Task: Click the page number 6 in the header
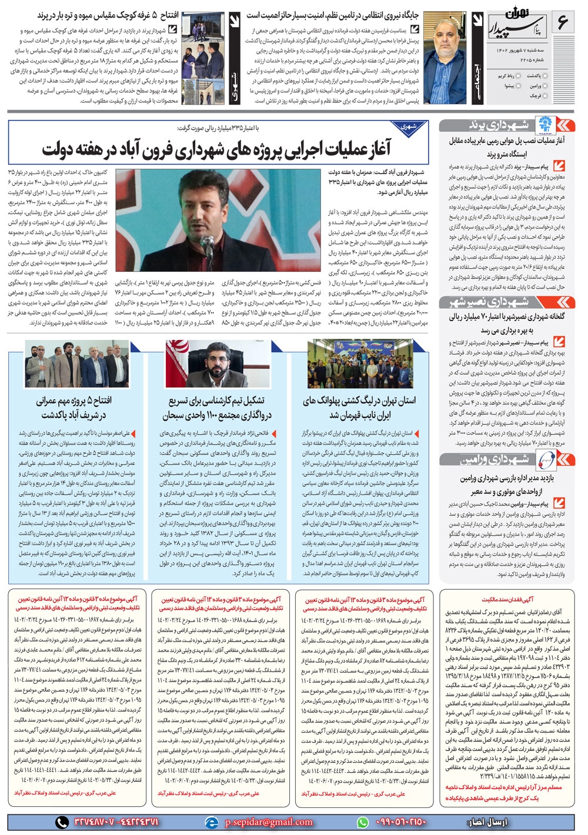click(x=563, y=23)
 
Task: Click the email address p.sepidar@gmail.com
click(x=268, y=822)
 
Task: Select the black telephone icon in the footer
click(x=62, y=822)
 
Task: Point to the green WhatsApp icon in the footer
click(x=363, y=822)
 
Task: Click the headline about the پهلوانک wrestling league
click(x=359, y=408)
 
